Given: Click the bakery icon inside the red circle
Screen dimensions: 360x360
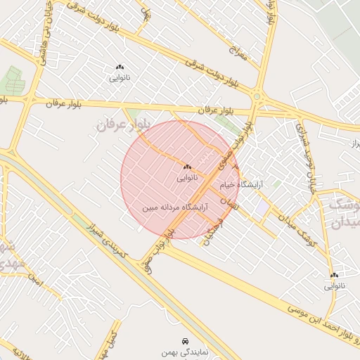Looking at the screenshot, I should pos(187,167).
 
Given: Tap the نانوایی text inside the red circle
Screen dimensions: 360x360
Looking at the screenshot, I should pos(187,179).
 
